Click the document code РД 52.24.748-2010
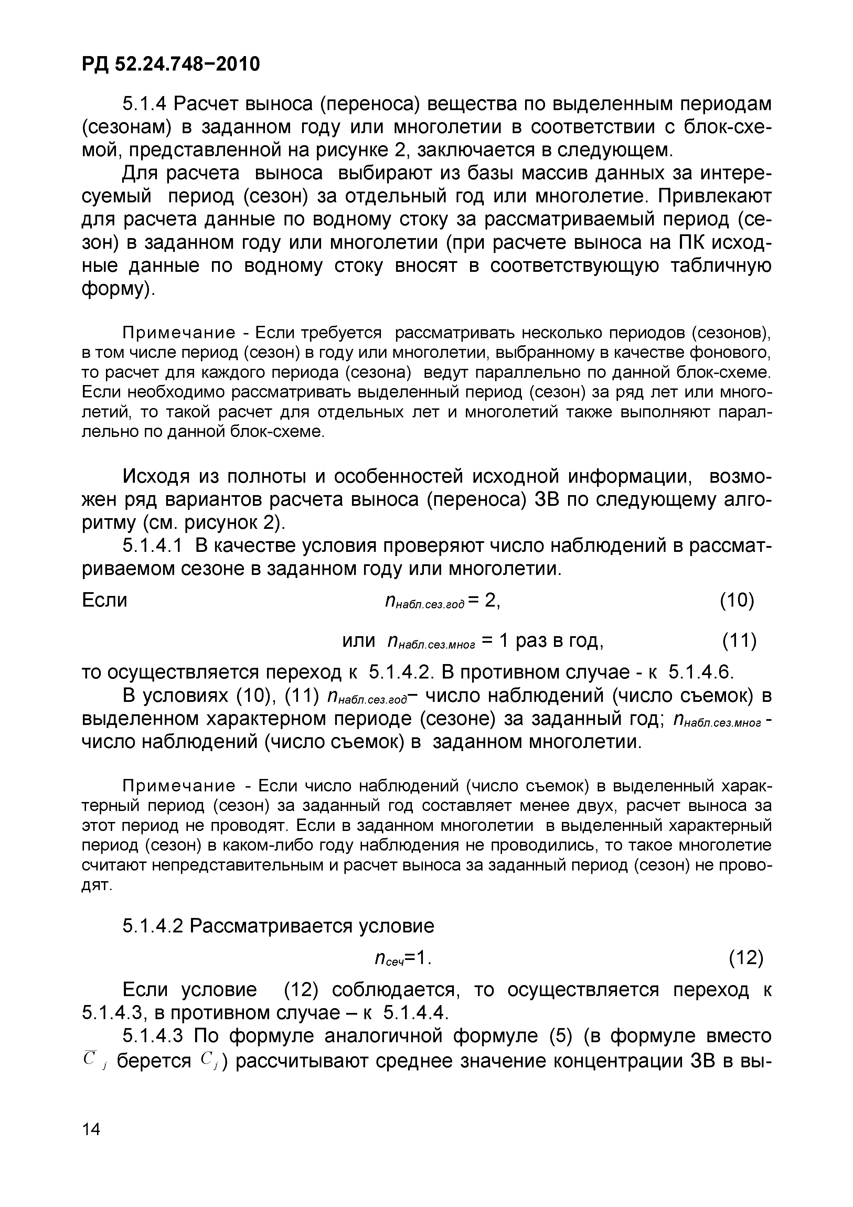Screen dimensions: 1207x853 [x=171, y=64]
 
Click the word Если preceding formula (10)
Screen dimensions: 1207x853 [x=105, y=600]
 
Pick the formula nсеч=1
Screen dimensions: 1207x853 [x=402, y=959]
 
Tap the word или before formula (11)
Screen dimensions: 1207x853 [x=359, y=640]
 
